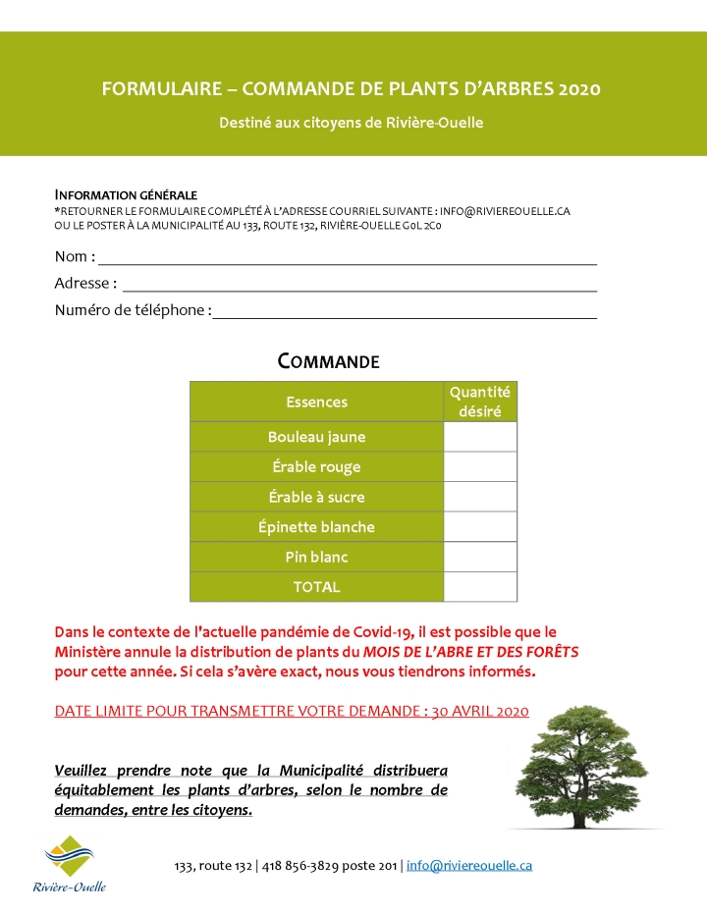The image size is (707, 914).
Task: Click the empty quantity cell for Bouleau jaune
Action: [x=480, y=437]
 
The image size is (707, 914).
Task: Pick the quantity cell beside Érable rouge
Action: [x=480, y=467]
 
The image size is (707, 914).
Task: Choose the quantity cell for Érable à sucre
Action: [x=480, y=497]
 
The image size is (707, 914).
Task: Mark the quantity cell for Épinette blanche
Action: [x=480, y=527]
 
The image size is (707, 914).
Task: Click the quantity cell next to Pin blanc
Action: [x=480, y=557]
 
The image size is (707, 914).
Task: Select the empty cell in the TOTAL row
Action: [x=480, y=587]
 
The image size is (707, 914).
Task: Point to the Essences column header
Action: [x=316, y=402]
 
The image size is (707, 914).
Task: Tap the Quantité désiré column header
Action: [x=480, y=402]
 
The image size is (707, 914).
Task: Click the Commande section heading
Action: [x=328, y=361]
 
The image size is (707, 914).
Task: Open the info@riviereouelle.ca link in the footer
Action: [x=469, y=866]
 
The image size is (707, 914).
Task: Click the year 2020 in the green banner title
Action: [x=578, y=89]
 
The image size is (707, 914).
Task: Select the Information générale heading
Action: [x=126, y=194]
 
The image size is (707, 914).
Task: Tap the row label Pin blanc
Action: [x=316, y=557]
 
